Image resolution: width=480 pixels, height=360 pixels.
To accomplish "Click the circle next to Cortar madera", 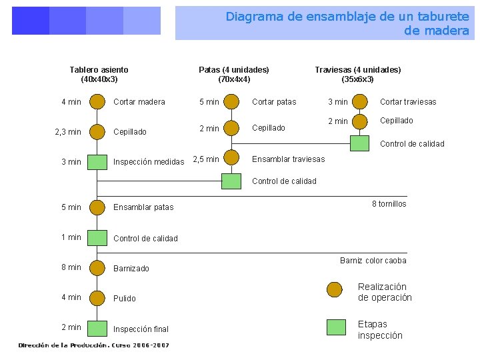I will coord(97,101).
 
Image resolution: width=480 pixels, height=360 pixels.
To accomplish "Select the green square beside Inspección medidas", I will coord(97,161).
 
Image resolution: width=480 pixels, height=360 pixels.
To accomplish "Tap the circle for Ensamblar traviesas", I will coord(231,158).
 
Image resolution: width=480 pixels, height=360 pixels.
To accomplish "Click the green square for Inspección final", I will coord(97,328).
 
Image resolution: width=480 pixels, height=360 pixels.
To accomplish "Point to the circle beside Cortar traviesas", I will coord(360,101).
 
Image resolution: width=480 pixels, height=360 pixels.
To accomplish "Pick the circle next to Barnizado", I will coord(97,267).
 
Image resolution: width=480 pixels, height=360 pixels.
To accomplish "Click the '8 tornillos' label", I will coord(389,204).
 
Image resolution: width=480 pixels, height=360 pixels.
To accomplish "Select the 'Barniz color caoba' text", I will coord(373,261).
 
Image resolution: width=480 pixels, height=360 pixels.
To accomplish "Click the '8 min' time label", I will coord(71,267).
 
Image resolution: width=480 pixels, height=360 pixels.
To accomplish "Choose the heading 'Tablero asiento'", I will coord(99,69).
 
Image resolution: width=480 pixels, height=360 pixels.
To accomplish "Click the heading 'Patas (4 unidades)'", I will coord(234,69).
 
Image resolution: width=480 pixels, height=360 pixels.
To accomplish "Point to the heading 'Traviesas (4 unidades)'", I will coord(357,69).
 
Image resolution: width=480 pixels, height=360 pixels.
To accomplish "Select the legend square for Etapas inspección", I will coord(337,327).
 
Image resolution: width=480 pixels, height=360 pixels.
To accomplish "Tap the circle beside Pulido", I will coord(97,297).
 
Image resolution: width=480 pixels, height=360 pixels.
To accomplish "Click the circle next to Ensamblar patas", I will coord(97,207).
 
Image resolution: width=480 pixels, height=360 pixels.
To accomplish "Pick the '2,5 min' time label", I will coord(206,159).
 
